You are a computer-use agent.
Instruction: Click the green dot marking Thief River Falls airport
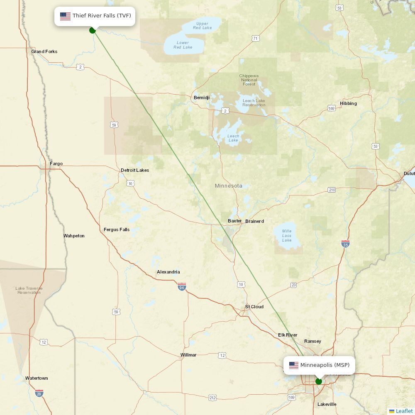coord(93,30)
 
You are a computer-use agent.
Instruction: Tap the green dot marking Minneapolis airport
coord(319,381)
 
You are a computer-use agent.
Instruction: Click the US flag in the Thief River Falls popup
coord(65,16)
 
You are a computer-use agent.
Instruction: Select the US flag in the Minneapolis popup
coord(294,366)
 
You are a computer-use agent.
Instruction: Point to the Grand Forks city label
coord(44,51)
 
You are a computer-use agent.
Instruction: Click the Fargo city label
coord(56,164)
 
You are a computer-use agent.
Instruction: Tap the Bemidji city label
coord(202,98)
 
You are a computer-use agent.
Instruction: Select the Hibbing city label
coord(348,103)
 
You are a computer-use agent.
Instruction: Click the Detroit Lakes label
coord(135,170)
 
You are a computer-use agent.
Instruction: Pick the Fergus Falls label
coord(117,229)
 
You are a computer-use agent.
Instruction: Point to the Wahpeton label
coord(74,236)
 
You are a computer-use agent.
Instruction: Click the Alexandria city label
coord(168,272)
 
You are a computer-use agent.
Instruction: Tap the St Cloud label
coord(254,307)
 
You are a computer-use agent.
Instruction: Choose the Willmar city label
coord(188,355)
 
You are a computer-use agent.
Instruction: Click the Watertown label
coord(37,378)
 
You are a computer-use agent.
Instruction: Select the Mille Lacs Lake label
coord(287,235)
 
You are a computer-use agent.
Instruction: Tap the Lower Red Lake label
coord(183,45)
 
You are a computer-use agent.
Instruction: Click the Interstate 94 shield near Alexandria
coord(182,286)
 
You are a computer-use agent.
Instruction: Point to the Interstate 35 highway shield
coord(345,244)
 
